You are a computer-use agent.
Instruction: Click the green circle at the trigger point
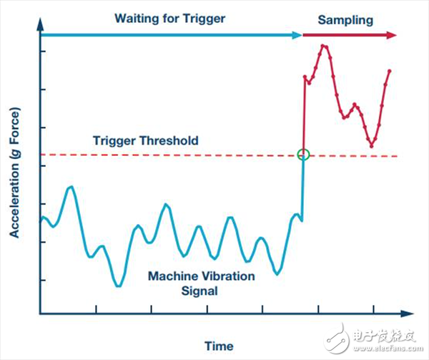(x=303, y=154)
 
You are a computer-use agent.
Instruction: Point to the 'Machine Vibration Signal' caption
(x=182, y=283)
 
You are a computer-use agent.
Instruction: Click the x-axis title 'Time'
(x=218, y=346)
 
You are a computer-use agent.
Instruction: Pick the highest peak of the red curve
(x=324, y=46)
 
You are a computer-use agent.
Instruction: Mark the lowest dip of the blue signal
(x=119, y=286)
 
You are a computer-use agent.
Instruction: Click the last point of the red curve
(x=390, y=70)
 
